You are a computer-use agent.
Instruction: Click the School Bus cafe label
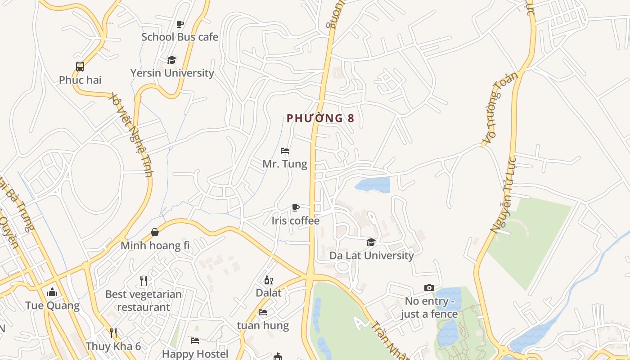180,37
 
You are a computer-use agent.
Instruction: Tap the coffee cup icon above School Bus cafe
180,24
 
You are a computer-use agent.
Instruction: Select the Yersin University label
172,73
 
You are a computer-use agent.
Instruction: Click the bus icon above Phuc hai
80,67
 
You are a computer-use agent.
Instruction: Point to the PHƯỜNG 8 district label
320,118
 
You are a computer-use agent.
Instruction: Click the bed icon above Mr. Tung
284,151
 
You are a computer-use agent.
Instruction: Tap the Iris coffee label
295,221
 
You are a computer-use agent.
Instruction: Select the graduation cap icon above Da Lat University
371,243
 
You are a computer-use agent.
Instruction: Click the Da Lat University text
371,256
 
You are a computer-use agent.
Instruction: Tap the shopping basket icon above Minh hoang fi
155,232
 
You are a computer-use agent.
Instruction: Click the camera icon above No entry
429,288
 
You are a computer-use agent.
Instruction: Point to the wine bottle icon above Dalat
268,280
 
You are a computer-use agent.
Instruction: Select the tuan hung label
263,325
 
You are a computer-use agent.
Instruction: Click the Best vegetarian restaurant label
143,301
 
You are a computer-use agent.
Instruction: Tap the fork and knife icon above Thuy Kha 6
113,333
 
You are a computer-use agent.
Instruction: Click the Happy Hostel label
195,354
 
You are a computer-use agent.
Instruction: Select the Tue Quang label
52,306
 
